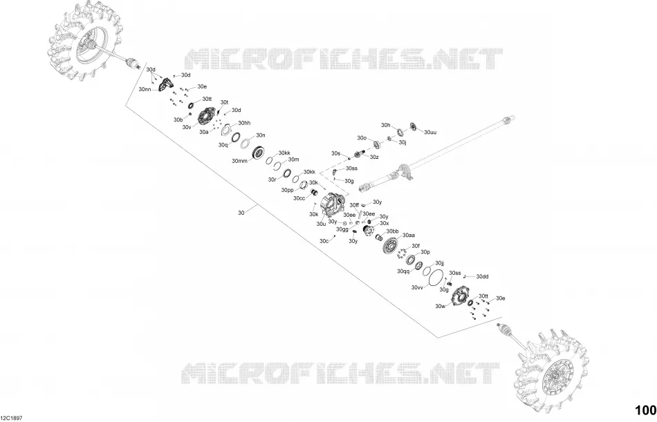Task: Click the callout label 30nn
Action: click(x=145, y=89)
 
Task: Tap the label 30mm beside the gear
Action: click(x=239, y=161)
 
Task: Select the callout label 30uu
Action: click(x=430, y=133)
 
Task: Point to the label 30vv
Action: click(x=417, y=287)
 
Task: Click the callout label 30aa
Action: click(x=409, y=236)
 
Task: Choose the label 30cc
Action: click(x=299, y=198)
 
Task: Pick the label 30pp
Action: click(x=288, y=190)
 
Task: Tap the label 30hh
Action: click(x=244, y=123)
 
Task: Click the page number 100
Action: click(x=646, y=410)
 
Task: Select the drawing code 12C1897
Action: click(x=11, y=418)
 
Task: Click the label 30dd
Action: click(x=482, y=277)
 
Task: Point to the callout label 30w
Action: click(x=440, y=306)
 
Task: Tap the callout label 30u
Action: click(x=321, y=224)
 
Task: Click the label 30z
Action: click(x=374, y=157)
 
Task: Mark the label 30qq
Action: click(x=403, y=271)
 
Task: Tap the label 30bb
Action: click(x=393, y=231)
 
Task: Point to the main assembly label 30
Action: click(x=241, y=213)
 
